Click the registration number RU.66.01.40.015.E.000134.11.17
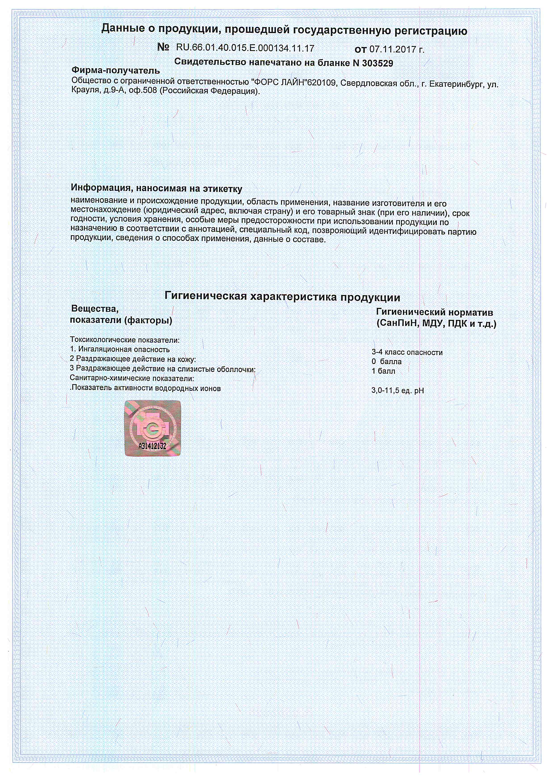(x=245, y=48)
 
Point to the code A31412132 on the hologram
(x=152, y=446)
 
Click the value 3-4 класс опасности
(x=407, y=353)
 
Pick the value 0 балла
(x=386, y=361)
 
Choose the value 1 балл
(x=383, y=371)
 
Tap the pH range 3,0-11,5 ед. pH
(x=397, y=391)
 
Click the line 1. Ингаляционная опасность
(x=120, y=349)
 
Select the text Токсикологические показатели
(x=124, y=340)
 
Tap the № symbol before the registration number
(x=163, y=47)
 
